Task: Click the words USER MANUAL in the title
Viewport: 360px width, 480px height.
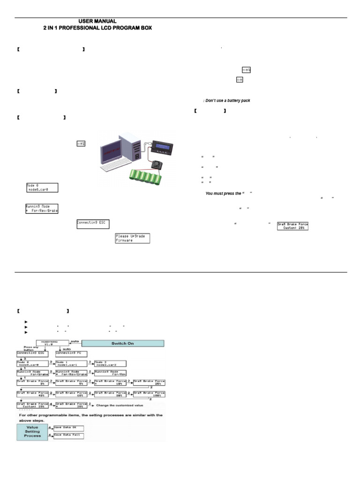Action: (x=97, y=22)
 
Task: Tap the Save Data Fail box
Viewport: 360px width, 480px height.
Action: (x=69, y=435)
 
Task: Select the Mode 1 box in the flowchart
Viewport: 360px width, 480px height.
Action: (x=72, y=363)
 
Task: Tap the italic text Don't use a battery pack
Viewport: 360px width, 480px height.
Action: (x=223, y=100)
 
